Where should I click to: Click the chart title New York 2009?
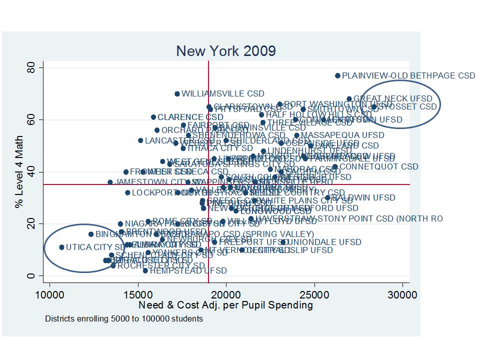point(226,51)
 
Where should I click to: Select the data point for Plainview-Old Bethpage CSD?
point(337,75)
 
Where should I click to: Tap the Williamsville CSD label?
point(222,93)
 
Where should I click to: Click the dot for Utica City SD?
point(61,247)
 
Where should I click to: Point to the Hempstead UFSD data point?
point(145,270)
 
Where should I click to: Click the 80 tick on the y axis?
point(35,67)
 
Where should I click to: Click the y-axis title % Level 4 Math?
point(19,171)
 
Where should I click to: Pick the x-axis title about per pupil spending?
point(225,305)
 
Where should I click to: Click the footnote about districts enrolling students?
point(123,318)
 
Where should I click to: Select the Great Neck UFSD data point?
point(349,99)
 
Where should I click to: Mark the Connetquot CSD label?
point(378,166)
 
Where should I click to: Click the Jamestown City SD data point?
point(110,182)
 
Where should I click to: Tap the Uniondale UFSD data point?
point(283,242)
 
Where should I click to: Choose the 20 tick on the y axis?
point(35,223)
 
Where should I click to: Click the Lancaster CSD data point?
point(140,140)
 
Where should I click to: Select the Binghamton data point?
point(91,234)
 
